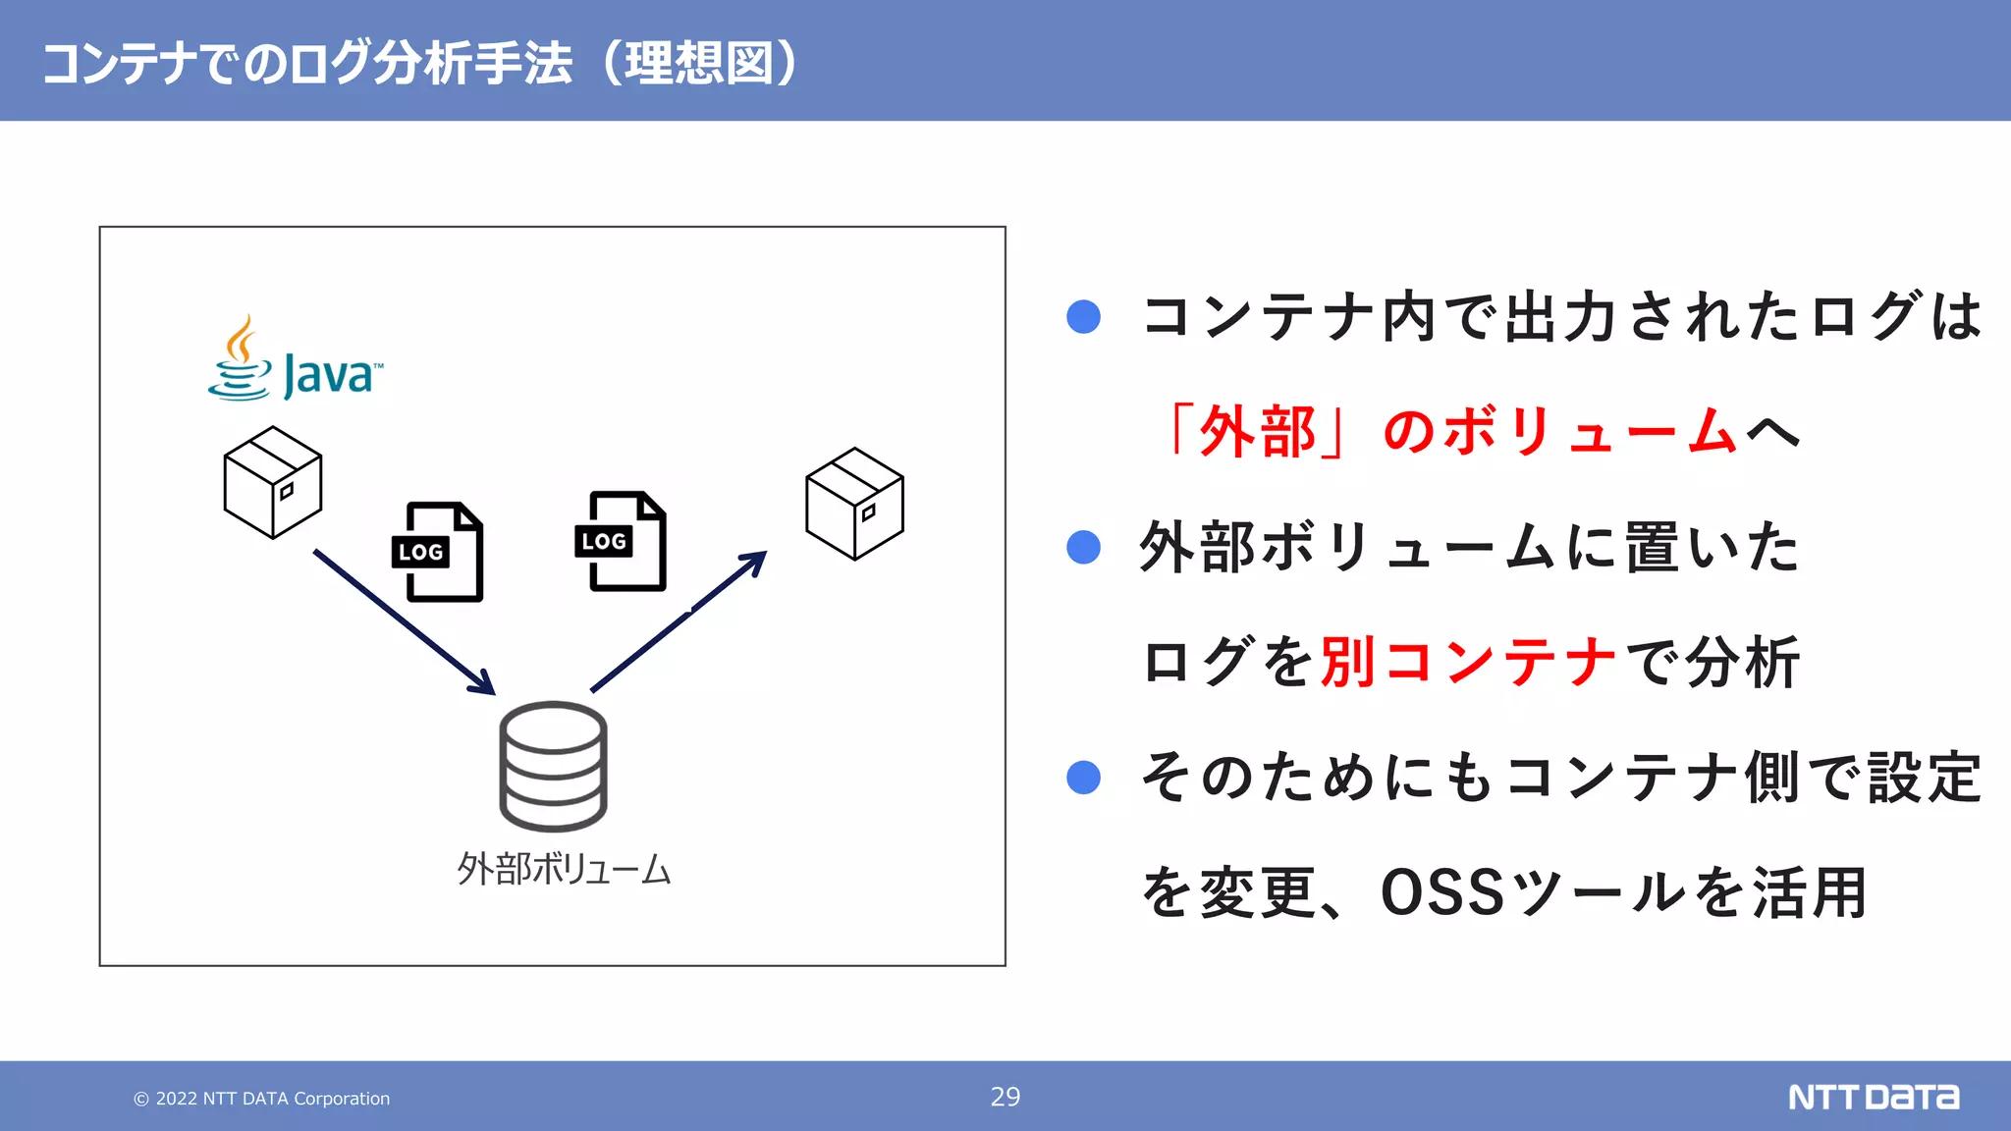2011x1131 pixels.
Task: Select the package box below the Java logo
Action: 273,482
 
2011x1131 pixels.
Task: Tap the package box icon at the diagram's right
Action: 854,504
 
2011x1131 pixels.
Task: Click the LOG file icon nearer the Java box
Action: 439,552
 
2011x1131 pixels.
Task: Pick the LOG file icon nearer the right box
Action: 621,541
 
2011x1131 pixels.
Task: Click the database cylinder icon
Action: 553,766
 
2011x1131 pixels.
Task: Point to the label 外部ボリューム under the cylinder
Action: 564,870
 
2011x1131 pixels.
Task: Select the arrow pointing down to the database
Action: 404,620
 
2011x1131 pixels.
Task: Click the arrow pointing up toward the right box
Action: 679,621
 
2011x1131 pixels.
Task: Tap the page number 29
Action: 1005,1097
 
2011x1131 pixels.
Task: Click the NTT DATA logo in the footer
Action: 1873,1097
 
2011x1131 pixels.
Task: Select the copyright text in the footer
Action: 262,1099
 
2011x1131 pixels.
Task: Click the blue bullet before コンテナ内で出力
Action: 1083,316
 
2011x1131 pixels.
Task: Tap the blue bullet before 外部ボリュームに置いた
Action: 1083,547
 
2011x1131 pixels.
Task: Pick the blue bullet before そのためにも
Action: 1083,778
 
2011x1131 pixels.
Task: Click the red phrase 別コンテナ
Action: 1468,662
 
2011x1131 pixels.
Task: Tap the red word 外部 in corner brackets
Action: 1258,431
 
